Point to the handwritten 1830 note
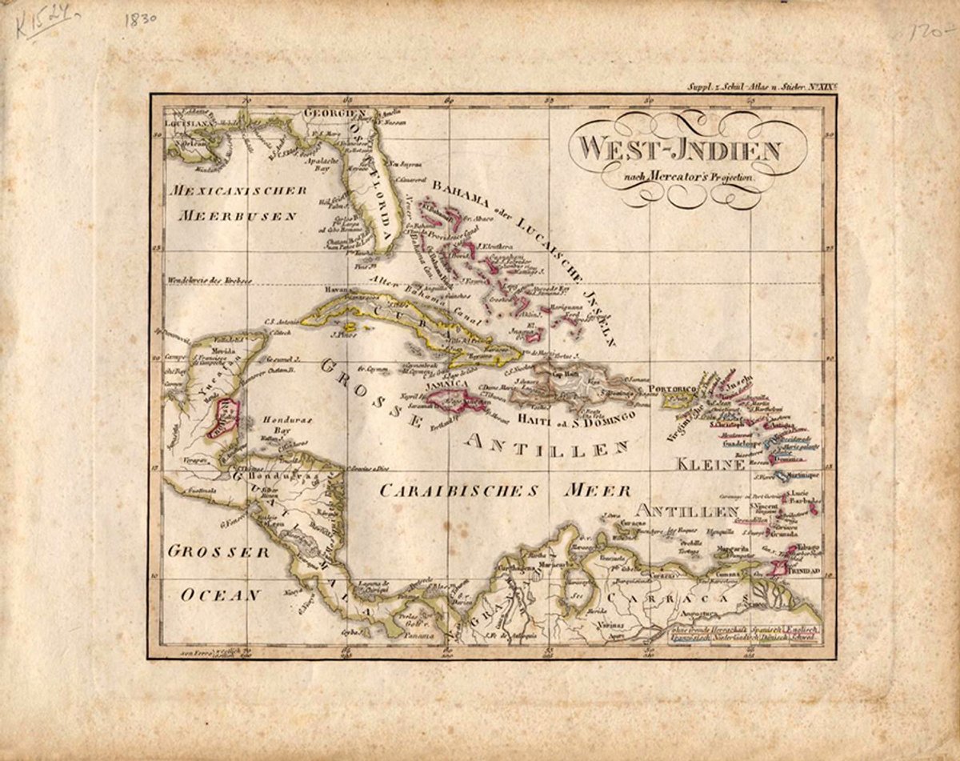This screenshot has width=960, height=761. tap(141, 21)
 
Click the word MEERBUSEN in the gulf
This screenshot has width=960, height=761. tap(238, 215)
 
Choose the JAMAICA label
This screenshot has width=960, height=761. tap(447, 384)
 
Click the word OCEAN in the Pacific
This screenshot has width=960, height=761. tap(221, 595)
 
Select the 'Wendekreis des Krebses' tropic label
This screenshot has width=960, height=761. tap(210, 280)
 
